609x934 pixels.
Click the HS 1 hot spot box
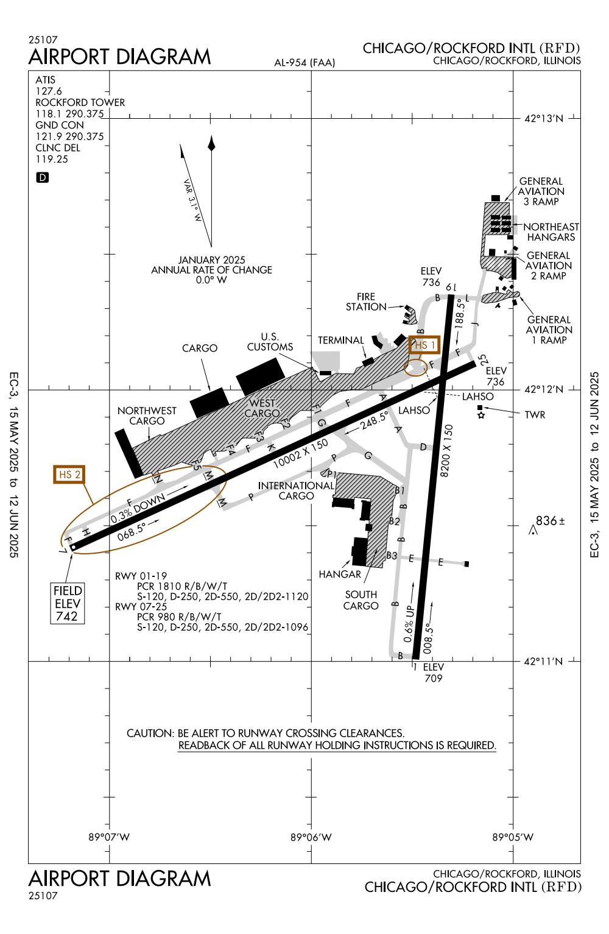(424, 345)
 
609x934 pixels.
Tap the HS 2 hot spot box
(69, 475)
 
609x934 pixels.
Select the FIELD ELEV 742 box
(68, 603)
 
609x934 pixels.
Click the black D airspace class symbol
(43, 178)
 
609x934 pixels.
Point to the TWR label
(535, 415)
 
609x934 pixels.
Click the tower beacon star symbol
(481, 416)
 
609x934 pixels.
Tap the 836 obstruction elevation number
(546, 521)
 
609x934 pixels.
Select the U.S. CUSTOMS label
(270, 342)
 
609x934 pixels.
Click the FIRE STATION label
(366, 302)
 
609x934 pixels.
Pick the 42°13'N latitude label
(544, 119)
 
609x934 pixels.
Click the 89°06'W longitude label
(311, 837)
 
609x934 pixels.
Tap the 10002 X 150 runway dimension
(300, 454)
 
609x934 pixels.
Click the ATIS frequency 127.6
(49, 91)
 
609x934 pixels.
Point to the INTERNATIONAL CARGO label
(296, 491)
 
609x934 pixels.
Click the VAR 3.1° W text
(192, 200)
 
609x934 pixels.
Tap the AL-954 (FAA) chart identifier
(304, 63)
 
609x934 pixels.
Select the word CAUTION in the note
(150, 734)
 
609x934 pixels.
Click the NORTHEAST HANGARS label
(551, 232)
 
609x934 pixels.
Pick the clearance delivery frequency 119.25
(52, 159)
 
